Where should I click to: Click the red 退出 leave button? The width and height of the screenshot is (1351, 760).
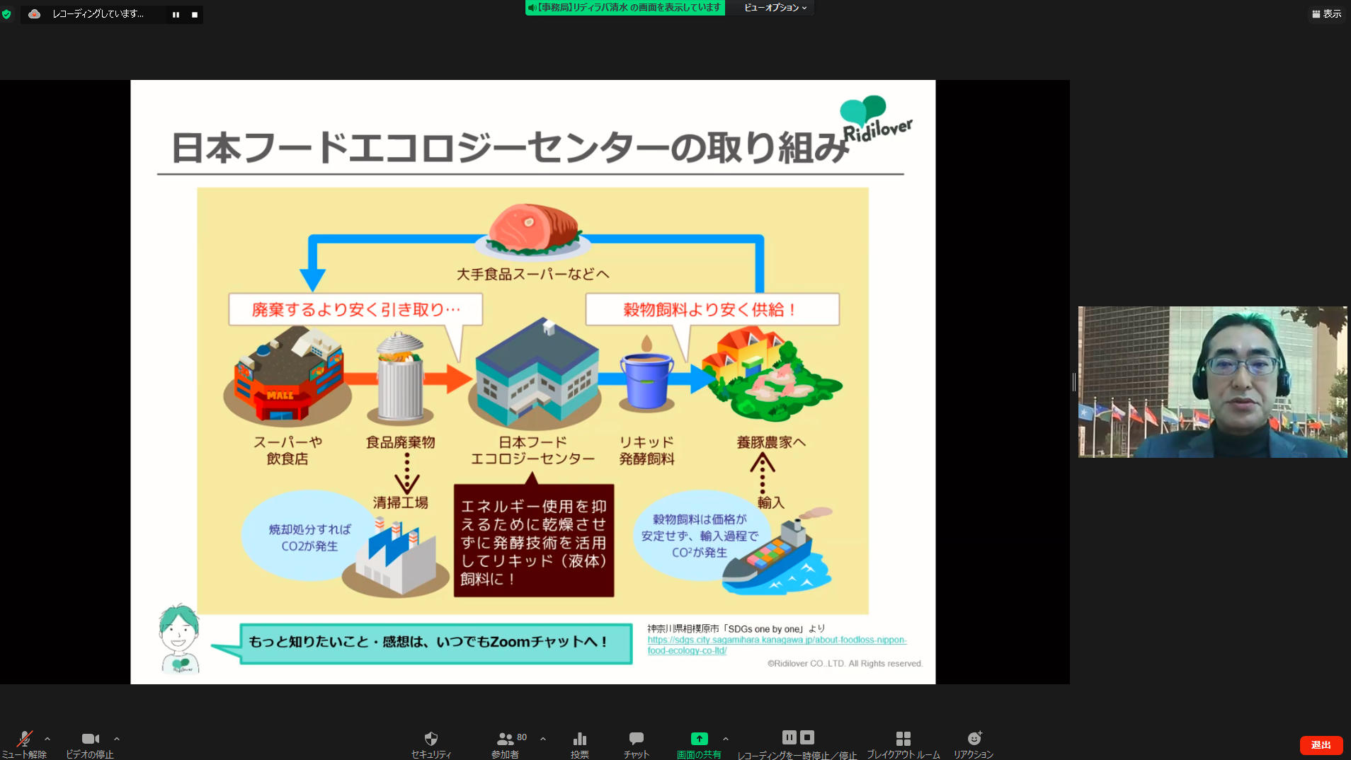pyautogui.click(x=1321, y=744)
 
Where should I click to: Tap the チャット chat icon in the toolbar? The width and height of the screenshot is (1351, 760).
pyautogui.click(x=636, y=739)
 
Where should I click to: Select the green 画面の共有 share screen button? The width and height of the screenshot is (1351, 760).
pyautogui.click(x=699, y=739)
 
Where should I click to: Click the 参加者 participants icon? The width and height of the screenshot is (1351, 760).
pyautogui.click(x=505, y=739)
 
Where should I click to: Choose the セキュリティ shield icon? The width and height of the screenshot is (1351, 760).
pyautogui.click(x=431, y=739)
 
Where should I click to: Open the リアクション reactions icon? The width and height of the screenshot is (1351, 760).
pyautogui.click(x=974, y=739)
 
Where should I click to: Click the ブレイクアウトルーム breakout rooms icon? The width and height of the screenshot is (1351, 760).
pyautogui.click(x=903, y=739)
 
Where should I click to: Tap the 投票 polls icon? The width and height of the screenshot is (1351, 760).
pyautogui.click(x=580, y=739)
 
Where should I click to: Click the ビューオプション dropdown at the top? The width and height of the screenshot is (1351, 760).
pyautogui.click(x=775, y=8)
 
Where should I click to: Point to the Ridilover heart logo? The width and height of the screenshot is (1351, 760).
pyautogui.click(x=863, y=110)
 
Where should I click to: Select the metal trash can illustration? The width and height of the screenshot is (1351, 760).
pyautogui.click(x=400, y=378)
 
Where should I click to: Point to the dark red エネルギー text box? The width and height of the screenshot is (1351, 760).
pyautogui.click(x=533, y=541)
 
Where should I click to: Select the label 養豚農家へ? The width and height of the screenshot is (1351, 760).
pyautogui.click(x=770, y=442)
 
